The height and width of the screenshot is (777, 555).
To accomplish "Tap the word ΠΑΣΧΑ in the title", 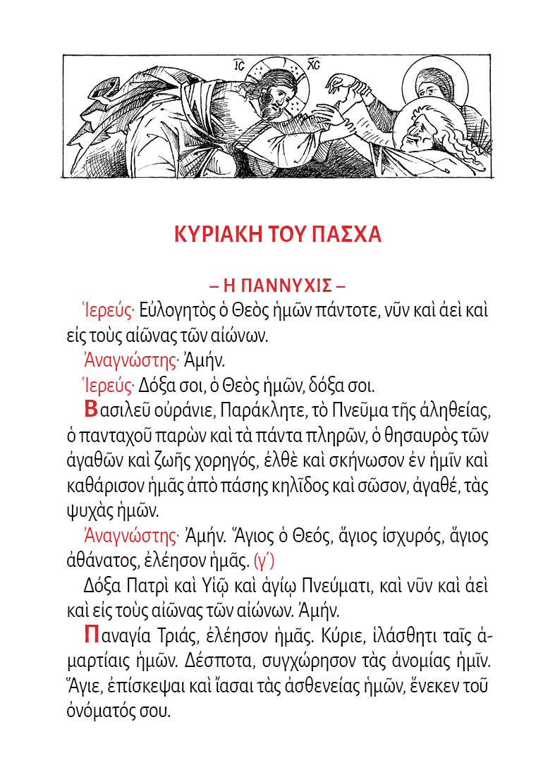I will pos(345,234).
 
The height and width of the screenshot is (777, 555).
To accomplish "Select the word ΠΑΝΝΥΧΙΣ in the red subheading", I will pos(276,287).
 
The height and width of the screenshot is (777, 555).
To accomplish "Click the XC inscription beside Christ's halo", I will pos(315,65).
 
